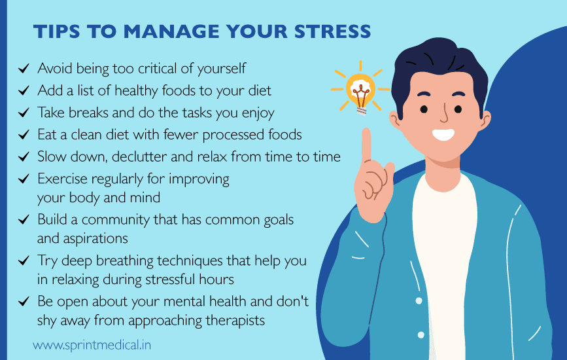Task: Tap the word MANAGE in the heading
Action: click(x=165, y=31)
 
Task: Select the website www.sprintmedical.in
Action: click(x=92, y=344)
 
